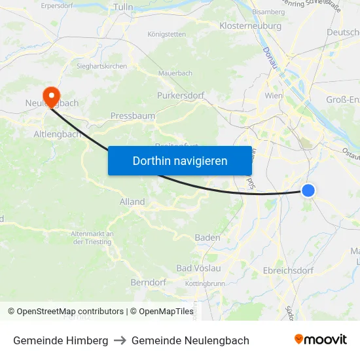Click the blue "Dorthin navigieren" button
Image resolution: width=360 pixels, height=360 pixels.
pyautogui.click(x=180, y=160)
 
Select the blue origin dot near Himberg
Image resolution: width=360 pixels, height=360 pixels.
pyautogui.click(x=308, y=190)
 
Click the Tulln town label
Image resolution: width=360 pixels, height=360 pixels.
pyautogui.click(x=123, y=7)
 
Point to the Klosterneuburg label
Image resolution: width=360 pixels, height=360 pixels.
pyautogui.click(x=251, y=26)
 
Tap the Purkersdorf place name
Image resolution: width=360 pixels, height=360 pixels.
pyautogui.click(x=181, y=95)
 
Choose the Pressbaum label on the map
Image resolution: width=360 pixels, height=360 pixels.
pyautogui.click(x=133, y=116)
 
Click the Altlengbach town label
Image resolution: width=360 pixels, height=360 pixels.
pyautogui.click(x=57, y=134)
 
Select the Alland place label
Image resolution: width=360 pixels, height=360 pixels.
pyautogui.click(x=132, y=202)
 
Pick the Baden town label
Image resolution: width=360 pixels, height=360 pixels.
pyautogui.click(x=207, y=238)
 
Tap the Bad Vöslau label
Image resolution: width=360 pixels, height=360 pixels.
pyautogui.click(x=199, y=268)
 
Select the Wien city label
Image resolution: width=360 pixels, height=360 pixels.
pyautogui.click(x=273, y=96)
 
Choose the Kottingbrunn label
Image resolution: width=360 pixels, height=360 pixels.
pyautogui.click(x=205, y=283)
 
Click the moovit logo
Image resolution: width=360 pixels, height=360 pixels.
pyautogui.click(x=320, y=340)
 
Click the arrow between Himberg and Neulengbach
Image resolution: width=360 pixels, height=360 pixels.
pyautogui.click(x=120, y=340)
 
